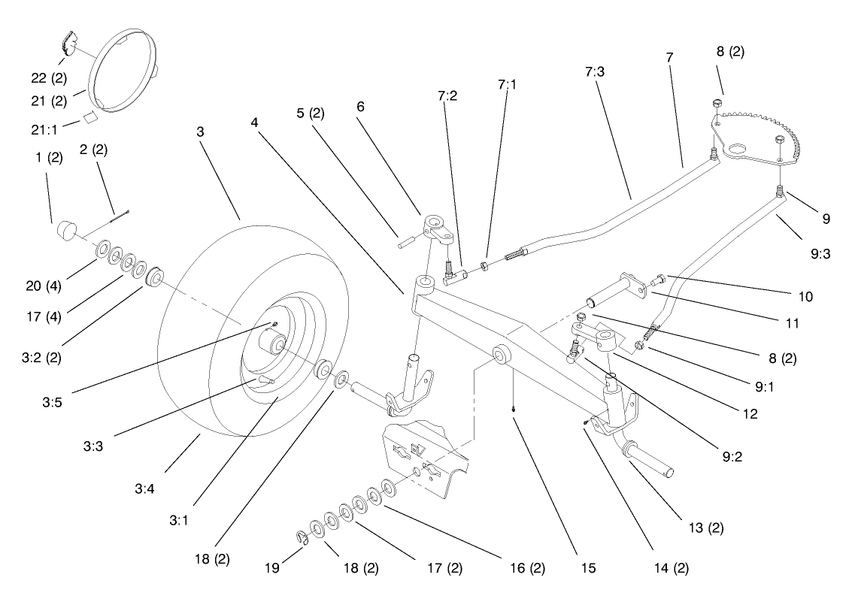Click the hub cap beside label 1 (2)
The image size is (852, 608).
(x=63, y=229)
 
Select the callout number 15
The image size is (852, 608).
(x=587, y=568)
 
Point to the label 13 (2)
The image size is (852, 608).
(x=705, y=528)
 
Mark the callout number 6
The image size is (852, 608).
(x=360, y=107)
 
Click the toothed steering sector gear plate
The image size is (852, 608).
(x=760, y=135)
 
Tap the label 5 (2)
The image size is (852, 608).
(x=310, y=113)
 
